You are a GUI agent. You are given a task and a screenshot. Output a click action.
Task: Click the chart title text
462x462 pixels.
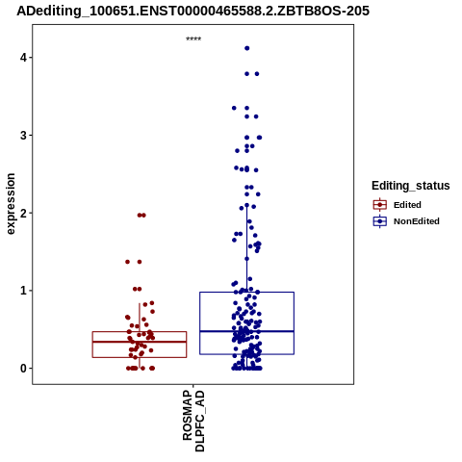(193, 11)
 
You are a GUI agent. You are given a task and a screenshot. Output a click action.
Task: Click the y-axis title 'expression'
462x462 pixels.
(11, 204)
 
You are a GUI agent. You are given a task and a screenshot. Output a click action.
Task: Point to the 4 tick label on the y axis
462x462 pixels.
(23, 58)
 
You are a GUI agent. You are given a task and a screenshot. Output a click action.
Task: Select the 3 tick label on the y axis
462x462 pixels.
(23, 136)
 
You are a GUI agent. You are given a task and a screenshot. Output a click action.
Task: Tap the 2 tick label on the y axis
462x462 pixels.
(23, 213)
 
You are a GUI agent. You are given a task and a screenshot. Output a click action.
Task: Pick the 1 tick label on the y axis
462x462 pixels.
(23, 291)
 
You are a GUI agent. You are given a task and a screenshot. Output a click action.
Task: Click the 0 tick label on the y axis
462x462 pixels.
(23, 369)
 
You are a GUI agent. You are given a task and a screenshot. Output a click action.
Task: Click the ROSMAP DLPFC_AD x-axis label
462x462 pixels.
(193, 421)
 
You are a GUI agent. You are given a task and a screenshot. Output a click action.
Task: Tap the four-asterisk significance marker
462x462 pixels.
(193, 38)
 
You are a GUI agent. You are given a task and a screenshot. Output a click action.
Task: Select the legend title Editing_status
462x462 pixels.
(411, 186)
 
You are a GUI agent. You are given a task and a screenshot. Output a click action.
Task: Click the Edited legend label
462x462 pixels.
(407, 205)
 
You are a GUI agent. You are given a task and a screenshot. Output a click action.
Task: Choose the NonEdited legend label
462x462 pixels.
(417, 221)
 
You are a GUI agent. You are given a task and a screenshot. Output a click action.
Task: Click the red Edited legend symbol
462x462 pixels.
(380, 205)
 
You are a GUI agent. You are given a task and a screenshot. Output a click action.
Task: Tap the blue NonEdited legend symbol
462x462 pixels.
(380, 221)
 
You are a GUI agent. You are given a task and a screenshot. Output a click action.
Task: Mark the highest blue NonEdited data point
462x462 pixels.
(247, 48)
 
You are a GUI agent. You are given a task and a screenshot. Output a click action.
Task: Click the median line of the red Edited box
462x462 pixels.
(140, 342)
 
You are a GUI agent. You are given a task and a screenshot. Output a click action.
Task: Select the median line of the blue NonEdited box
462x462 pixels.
(246, 331)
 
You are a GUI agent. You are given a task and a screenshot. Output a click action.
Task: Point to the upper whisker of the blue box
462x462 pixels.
(247, 248)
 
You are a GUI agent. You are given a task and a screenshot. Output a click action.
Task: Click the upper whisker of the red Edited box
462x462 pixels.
(140, 318)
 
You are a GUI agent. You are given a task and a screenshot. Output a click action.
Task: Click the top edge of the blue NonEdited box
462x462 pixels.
(246, 292)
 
